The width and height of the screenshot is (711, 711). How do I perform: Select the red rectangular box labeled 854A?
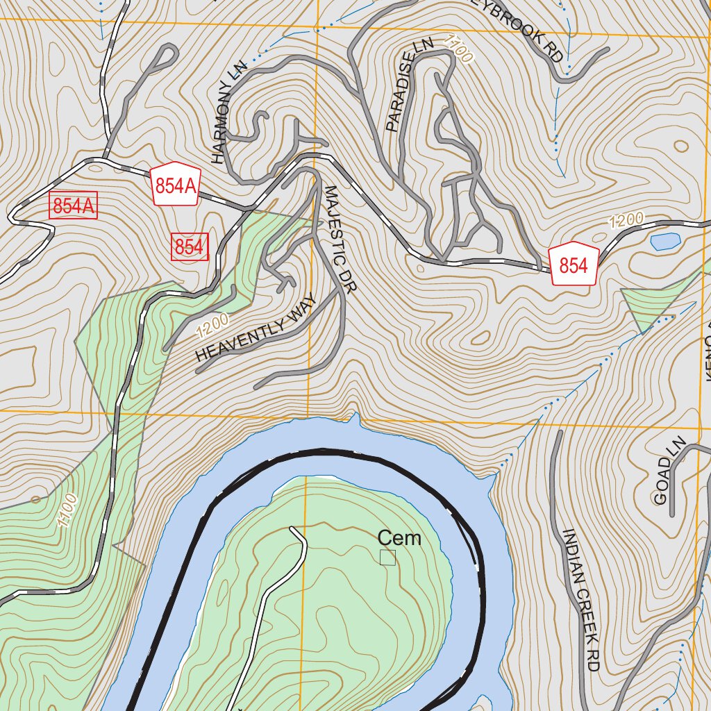[x=74, y=206]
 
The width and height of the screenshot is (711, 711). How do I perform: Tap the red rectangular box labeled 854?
[x=190, y=247]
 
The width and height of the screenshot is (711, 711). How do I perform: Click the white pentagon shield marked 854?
[x=574, y=265]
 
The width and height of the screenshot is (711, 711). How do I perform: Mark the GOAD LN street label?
[x=669, y=471]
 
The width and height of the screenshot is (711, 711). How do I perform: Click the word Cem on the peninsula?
[x=399, y=538]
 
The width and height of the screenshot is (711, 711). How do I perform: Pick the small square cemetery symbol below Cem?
[x=387, y=558]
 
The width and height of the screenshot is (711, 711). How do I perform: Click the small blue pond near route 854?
[x=664, y=242]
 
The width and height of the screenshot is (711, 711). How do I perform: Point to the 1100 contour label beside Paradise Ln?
[x=458, y=50]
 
